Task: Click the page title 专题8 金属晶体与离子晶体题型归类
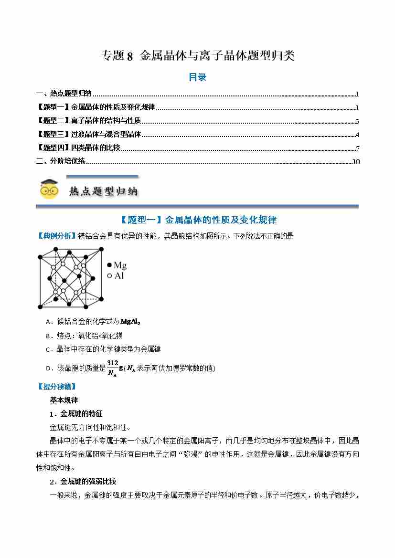point(198,56)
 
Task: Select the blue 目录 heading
point(197,77)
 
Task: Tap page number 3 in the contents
point(357,121)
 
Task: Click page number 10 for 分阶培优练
point(355,161)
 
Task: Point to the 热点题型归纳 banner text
point(103,191)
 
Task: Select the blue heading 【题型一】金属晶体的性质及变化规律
point(197,220)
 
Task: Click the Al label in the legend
point(119,276)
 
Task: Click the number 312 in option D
point(113,363)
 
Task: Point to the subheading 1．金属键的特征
point(76,413)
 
